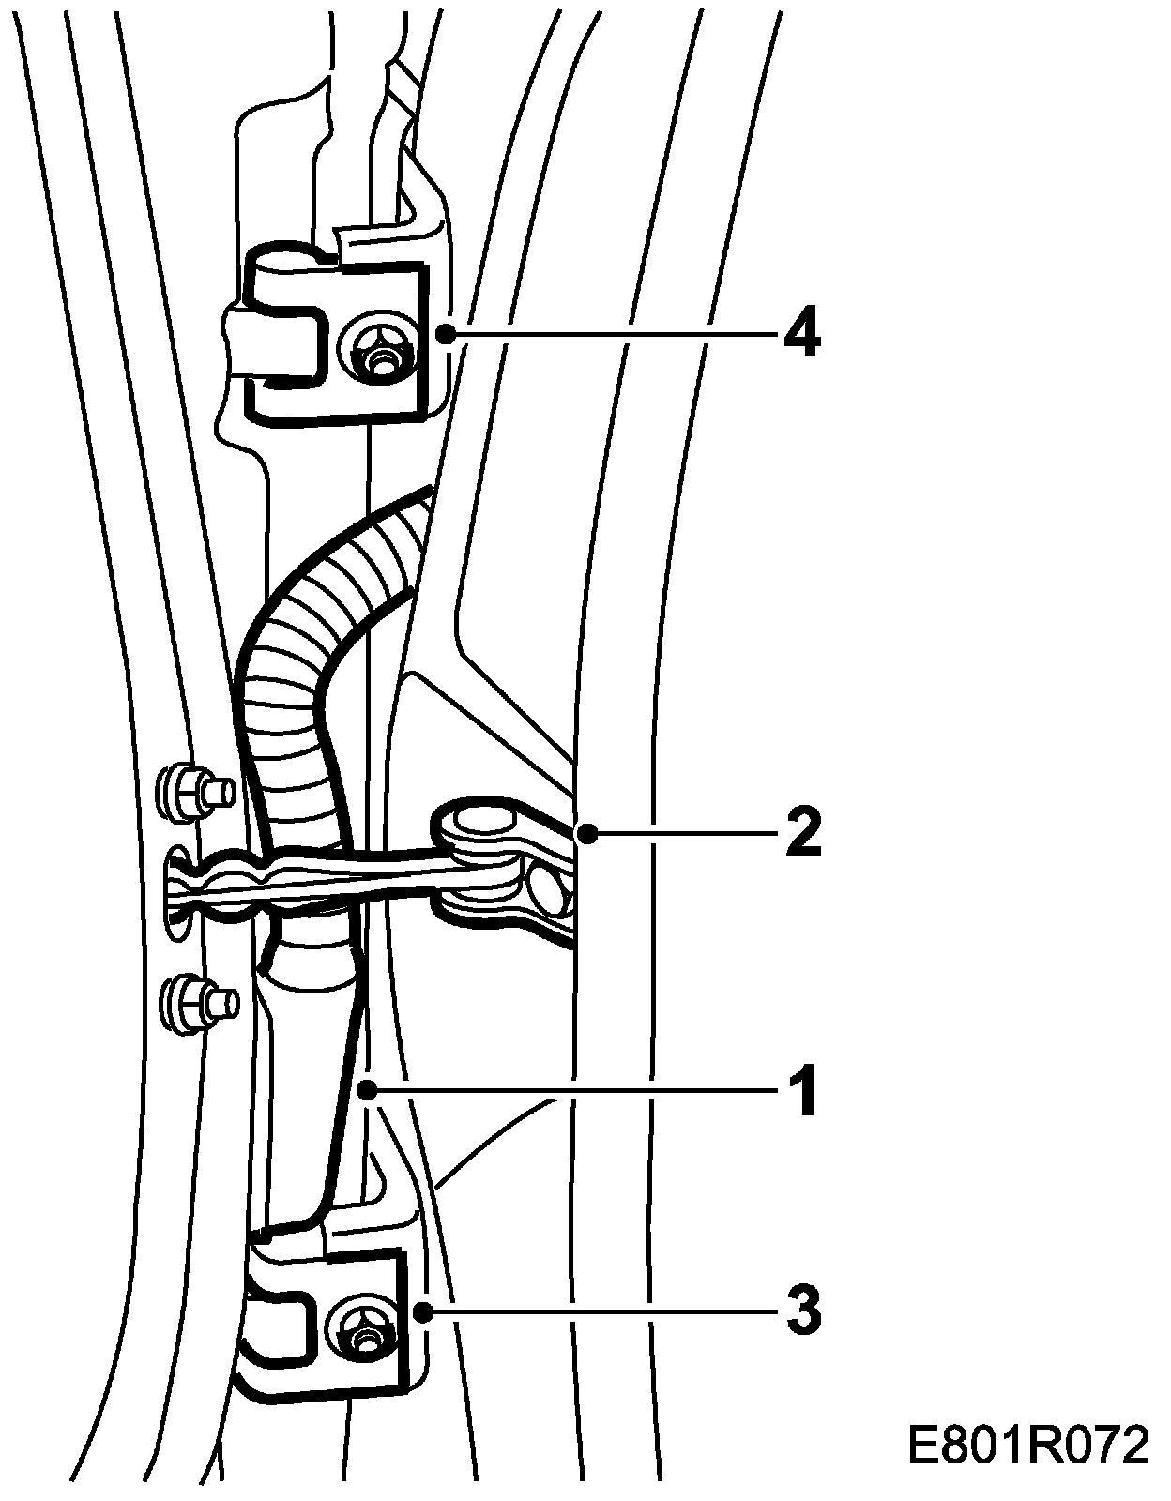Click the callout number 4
click(x=802, y=333)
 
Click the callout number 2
click(x=802, y=832)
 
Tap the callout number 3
click(x=802, y=1311)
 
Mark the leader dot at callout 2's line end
click(x=586, y=832)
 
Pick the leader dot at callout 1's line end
click(x=371, y=1090)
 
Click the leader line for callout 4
click(x=610, y=333)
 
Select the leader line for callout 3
click(x=601, y=1311)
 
